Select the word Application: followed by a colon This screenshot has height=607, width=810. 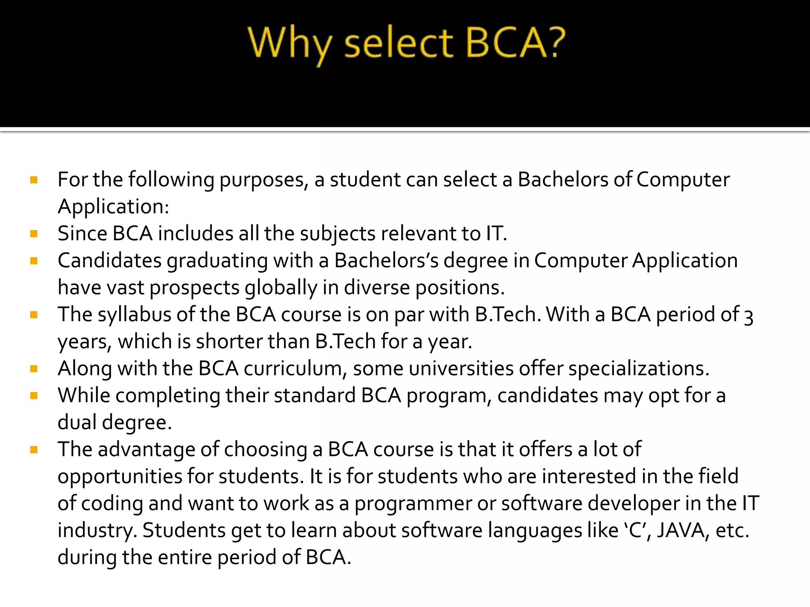[114, 207]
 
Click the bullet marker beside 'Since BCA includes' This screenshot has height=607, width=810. [34, 234]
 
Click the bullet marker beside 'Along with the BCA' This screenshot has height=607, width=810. [34, 369]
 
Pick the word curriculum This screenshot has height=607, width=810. [293, 369]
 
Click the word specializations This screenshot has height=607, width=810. [639, 369]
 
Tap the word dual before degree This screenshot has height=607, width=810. [77, 422]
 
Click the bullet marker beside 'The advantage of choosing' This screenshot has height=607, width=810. [34, 450]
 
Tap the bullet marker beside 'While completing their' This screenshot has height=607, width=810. [34, 396]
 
